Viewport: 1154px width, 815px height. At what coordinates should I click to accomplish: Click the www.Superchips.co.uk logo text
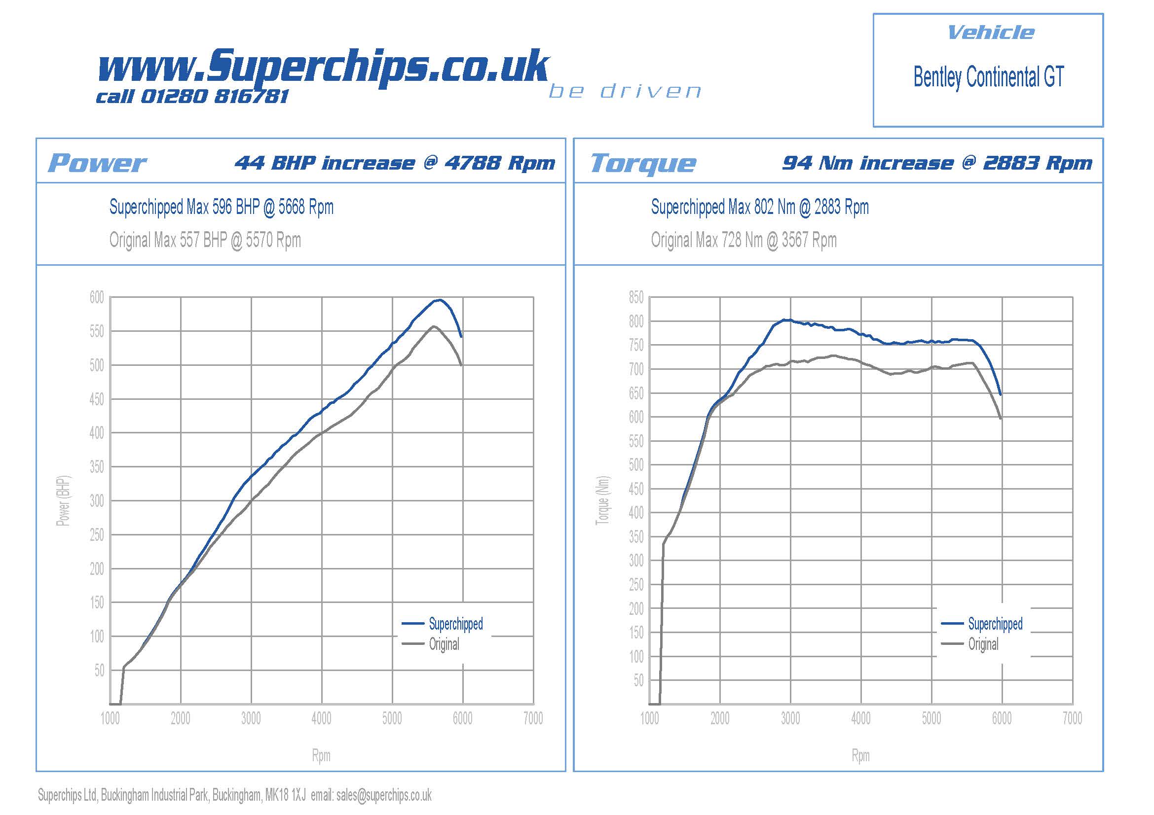[323, 66]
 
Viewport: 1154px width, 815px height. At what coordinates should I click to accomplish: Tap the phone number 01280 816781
[215, 97]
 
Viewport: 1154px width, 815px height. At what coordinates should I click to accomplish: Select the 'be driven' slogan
[625, 91]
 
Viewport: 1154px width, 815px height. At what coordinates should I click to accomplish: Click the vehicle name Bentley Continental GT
[988, 77]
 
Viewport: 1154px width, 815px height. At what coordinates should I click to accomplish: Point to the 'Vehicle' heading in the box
[990, 33]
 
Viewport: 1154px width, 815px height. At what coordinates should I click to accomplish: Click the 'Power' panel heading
[97, 163]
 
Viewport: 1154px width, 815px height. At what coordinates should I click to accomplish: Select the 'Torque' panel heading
[643, 163]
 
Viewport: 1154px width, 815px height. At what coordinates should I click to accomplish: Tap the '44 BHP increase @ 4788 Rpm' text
[395, 163]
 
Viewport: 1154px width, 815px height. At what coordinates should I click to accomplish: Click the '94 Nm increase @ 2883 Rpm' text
[937, 163]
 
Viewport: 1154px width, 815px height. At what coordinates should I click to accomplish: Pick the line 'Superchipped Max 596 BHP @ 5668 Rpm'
[221, 207]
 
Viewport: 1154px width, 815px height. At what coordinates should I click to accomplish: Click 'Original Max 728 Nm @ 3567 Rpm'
[744, 240]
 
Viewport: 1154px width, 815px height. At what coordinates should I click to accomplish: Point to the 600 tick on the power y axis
[97, 297]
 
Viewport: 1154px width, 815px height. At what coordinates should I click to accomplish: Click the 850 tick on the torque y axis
[636, 297]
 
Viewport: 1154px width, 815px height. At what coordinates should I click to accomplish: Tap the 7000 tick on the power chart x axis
[533, 718]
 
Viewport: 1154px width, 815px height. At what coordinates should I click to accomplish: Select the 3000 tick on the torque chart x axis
[790, 718]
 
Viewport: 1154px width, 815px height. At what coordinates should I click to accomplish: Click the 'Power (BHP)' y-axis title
[63, 500]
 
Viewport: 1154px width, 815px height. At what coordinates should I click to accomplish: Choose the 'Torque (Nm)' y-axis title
[602, 500]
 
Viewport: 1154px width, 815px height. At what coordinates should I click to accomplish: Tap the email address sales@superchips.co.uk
[384, 795]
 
